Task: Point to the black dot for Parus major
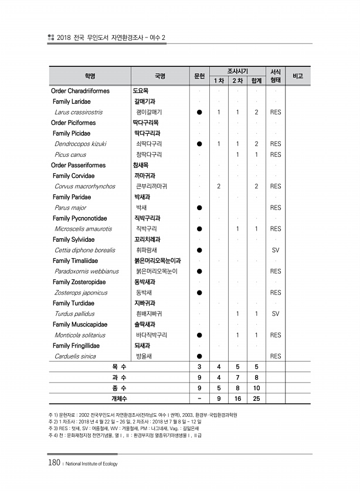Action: coord(200,208)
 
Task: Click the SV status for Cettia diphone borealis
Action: coord(276,250)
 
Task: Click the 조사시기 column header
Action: coord(237,70)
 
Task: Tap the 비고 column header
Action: coord(298,76)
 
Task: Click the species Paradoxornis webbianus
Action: coord(86,271)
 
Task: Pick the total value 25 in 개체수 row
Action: coord(256,399)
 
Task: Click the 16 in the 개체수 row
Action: coord(237,399)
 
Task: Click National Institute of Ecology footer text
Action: coord(90,464)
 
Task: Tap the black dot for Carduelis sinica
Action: coord(200,356)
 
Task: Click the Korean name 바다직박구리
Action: coord(151,335)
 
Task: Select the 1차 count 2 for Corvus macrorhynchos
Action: coord(218,186)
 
